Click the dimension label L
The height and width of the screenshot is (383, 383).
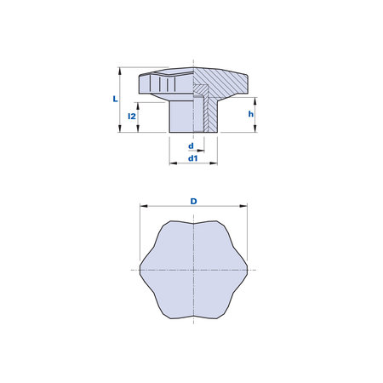click(115, 99)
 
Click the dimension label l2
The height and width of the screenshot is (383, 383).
click(132, 116)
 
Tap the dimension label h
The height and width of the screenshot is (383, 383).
click(251, 114)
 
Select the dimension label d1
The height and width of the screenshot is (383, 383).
click(193, 158)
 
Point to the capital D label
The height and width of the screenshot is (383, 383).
click(193, 201)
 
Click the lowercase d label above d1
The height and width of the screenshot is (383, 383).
click(191, 146)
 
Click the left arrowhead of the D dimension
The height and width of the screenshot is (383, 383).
click(144, 206)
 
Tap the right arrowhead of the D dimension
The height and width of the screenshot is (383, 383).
click(243, 206)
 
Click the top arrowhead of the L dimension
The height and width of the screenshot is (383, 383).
click(120, 71)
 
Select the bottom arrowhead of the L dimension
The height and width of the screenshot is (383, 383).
click(120, 129)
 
